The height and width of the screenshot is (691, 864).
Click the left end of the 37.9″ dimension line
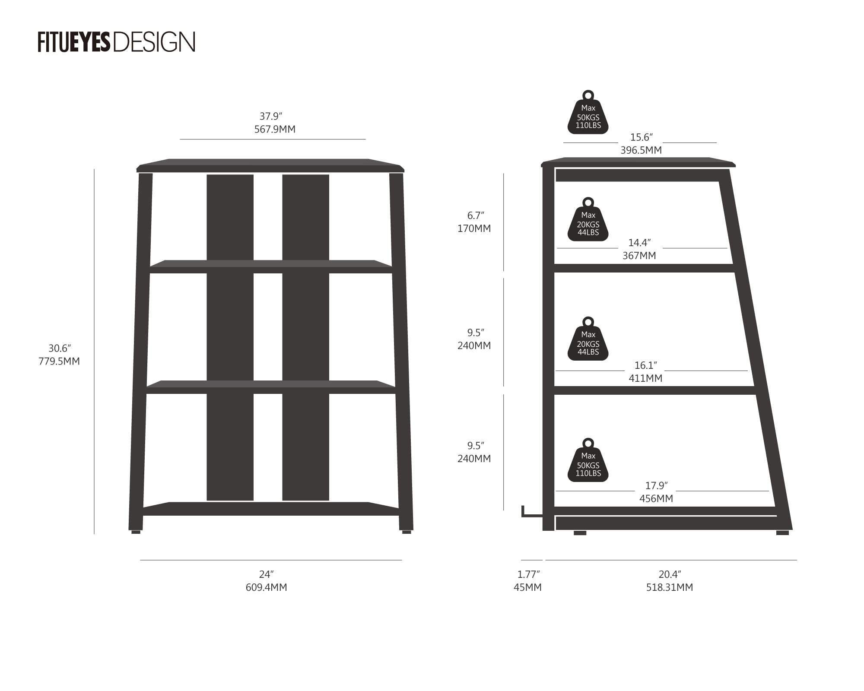coord(180,139)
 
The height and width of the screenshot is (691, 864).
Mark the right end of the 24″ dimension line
coord(402,560)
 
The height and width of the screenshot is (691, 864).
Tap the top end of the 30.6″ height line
coord(94,169)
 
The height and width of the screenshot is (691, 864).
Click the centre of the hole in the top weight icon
coord(588,95)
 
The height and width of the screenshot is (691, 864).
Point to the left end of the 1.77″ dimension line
coord(521,560)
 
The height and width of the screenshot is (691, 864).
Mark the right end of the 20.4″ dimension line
coord(797,560)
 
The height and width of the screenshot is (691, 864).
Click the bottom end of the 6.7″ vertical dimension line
coord(504,271)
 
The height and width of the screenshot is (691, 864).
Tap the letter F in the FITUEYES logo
coord(41,42)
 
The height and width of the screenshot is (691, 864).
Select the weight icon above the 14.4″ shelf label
coord(588,219)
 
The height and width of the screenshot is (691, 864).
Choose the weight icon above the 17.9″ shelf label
coord(588,460)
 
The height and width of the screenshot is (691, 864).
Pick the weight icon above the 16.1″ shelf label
coord(588,339)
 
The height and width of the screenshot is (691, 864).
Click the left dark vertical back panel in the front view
coord(230,337)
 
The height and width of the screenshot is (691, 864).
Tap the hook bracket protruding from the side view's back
coord(532,511)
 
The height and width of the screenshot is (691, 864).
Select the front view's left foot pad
coord(136,532)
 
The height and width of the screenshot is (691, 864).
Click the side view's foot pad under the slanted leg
coord(782,533)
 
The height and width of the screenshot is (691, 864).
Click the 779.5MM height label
coord(59,361)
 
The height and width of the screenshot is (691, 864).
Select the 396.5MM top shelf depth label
coord(641,150)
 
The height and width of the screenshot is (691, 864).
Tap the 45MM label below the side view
coord(527,587)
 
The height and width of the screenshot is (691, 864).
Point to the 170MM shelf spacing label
coord(474,228)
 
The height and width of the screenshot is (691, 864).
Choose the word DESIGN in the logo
coord(154,42)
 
